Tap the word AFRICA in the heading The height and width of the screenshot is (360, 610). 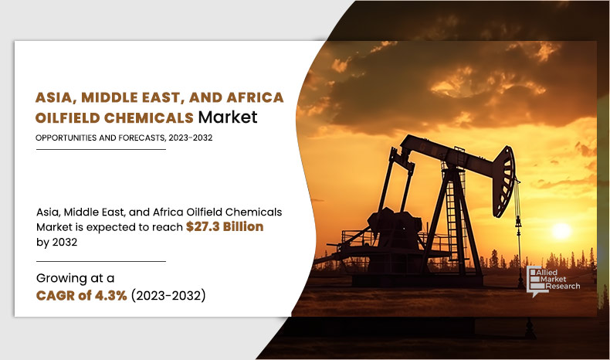click(x=256, y=97)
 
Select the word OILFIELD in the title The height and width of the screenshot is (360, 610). click(x=68, y=117)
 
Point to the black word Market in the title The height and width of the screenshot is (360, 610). click(x=228, y=117)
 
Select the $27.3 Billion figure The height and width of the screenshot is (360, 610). click(x=225, y=226)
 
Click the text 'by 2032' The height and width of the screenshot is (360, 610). click(x=57, y=242)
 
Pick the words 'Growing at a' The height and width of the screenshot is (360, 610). click(x=75, y=278)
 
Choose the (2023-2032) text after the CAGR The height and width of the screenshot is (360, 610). click(x=168, y=295)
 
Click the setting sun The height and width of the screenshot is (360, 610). click(x=561, y=231)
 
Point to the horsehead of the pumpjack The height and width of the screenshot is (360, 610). click(x=505, y=182)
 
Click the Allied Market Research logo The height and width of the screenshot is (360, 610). click(x=553, y=281)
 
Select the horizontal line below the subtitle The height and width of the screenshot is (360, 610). click(x=100, y=149)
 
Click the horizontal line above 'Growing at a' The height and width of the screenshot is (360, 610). click(x=100, y=262)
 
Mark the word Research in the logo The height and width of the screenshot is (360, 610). click(x=563, y=287)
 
